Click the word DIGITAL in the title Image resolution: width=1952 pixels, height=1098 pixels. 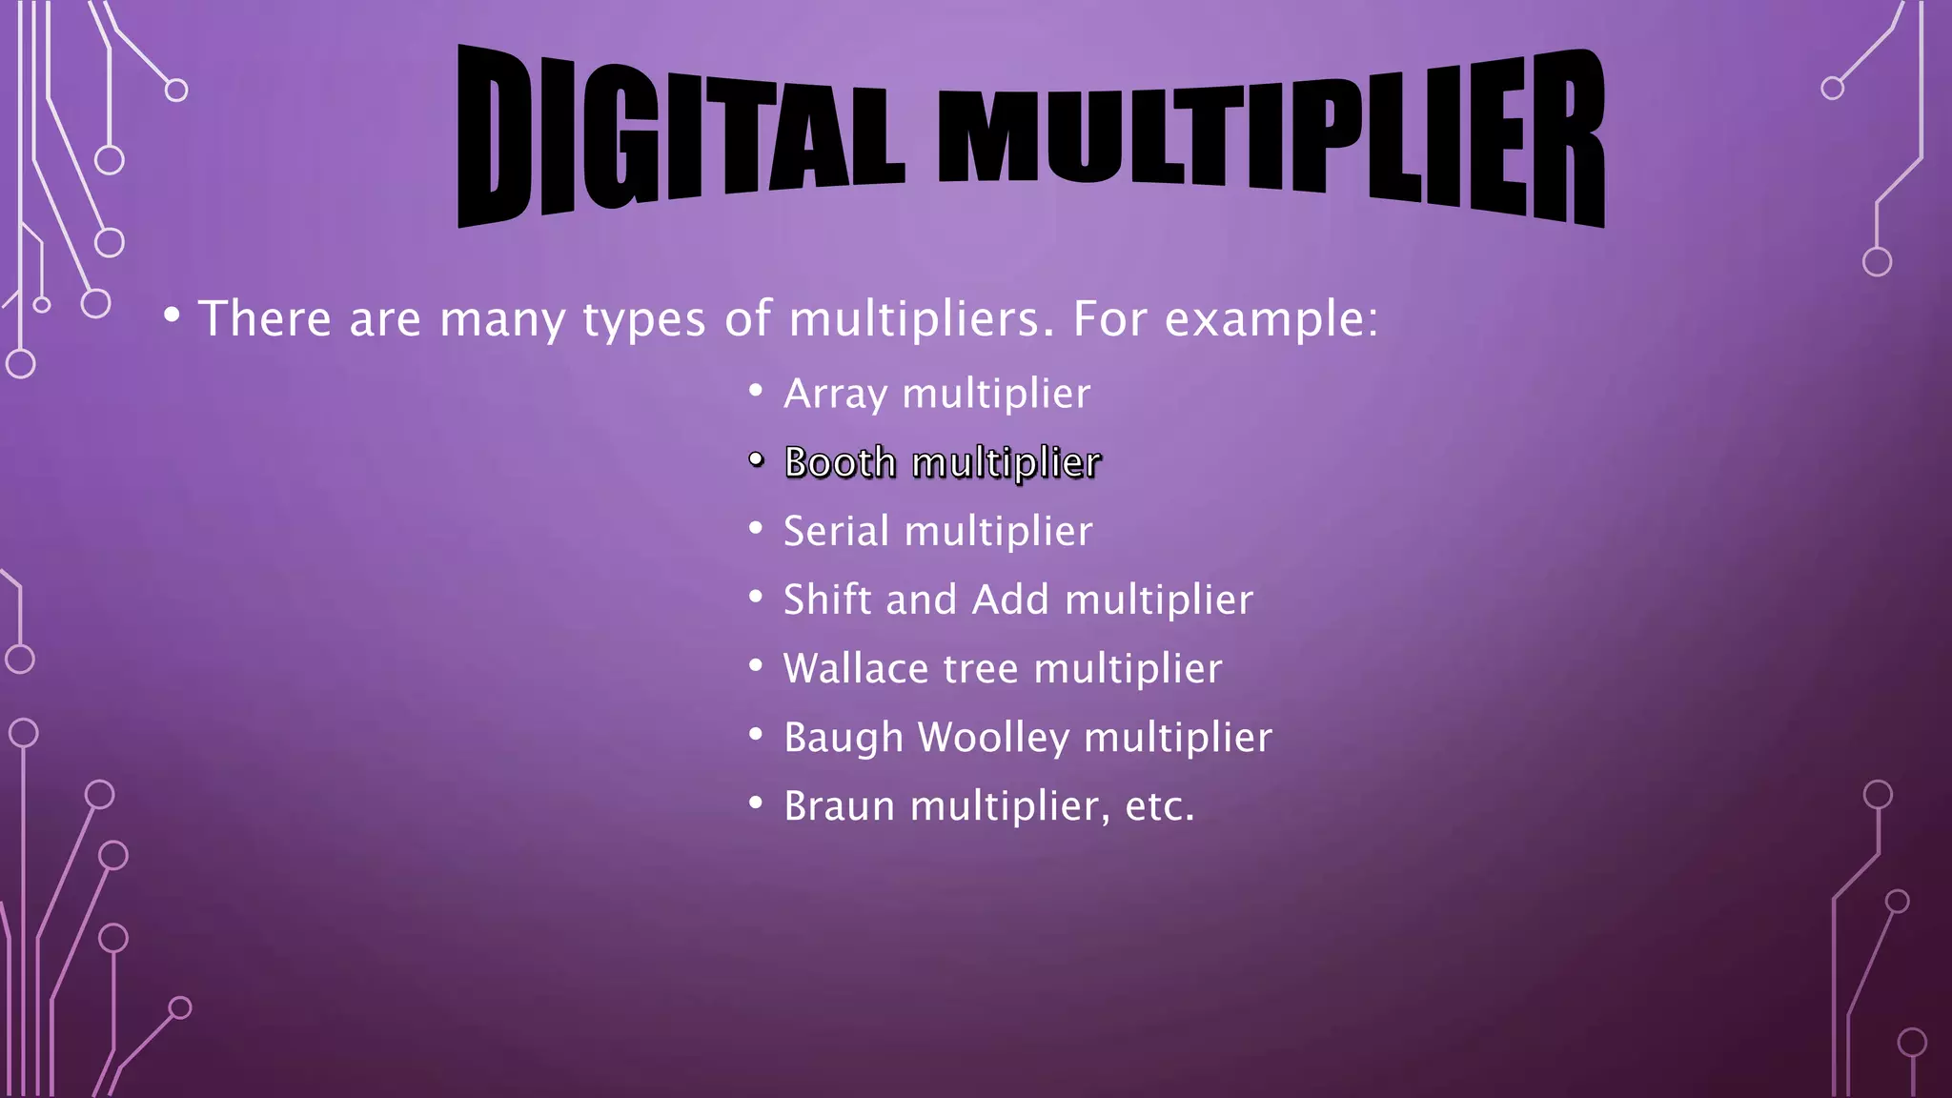680,133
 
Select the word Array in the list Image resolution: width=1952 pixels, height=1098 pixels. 835,394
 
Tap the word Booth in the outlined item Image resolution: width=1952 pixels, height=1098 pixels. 840,462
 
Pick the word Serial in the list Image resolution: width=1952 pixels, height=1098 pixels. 836,531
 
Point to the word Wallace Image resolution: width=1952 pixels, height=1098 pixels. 855,668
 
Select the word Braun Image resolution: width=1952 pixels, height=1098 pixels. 839,806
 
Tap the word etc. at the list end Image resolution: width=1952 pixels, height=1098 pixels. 1159,806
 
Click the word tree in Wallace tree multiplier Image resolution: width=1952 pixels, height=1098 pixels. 980,669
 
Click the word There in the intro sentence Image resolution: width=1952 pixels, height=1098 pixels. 264,318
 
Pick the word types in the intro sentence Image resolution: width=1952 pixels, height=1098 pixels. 644,320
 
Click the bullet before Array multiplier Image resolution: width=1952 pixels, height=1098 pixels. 756,391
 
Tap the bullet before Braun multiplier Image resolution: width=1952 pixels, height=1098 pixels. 756,803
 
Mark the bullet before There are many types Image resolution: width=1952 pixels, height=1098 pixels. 172,315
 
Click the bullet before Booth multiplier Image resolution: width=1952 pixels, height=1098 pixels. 756,460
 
